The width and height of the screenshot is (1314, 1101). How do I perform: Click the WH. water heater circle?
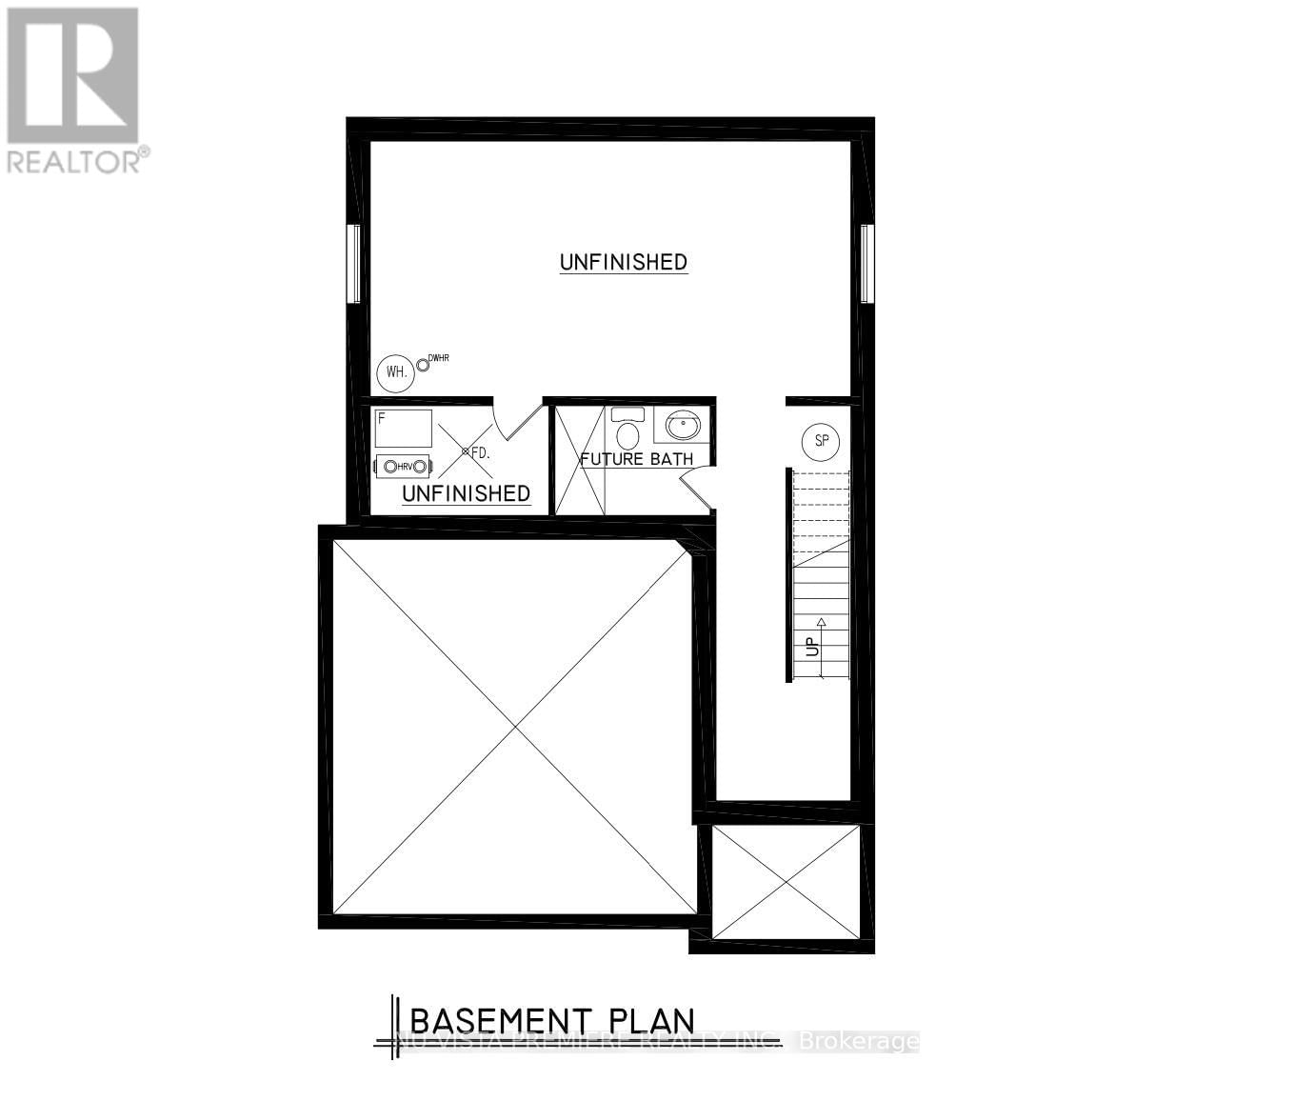point(396,372)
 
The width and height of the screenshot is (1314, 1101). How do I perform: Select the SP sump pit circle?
point(821,441)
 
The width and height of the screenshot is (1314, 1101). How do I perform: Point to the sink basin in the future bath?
point(682,423)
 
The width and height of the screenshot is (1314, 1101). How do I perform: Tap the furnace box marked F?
point(404,429)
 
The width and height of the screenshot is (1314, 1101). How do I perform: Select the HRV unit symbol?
point(404,466)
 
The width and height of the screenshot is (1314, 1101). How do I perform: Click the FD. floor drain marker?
point(467,450)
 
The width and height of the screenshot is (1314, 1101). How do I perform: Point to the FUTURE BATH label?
point(637,459)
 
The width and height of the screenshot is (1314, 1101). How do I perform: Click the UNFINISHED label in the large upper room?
point(624,262)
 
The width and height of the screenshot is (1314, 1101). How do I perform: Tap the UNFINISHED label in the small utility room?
point(466,493)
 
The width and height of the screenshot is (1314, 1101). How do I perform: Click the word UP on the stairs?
point(812,648)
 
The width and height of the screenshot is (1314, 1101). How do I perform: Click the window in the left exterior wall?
point(353,264)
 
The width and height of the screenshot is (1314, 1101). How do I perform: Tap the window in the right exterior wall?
point(866,264)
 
